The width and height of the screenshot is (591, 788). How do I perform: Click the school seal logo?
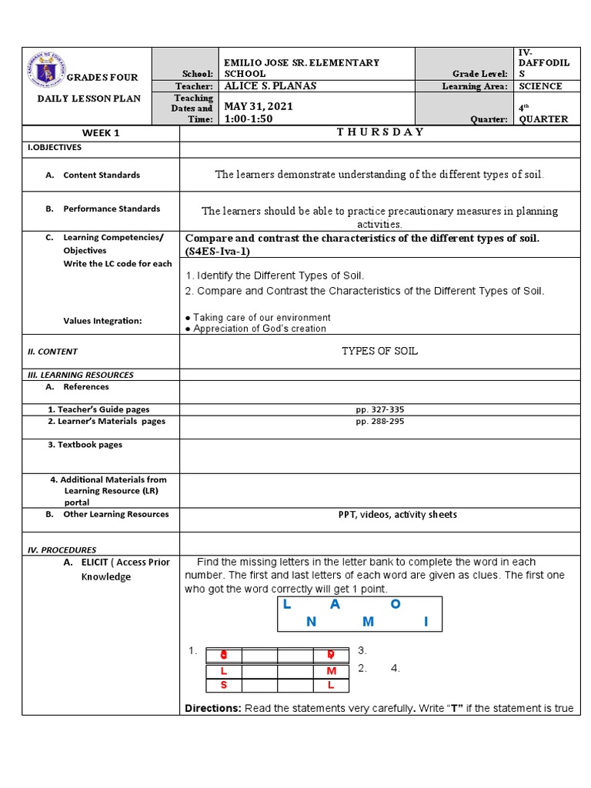pos(45,72)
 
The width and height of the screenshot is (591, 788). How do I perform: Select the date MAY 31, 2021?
pos(258,106)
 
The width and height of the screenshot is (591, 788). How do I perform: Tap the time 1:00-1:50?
pos(247,119)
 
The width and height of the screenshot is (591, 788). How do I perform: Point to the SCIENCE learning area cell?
pos(540,86)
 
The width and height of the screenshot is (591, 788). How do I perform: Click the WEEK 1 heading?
pos(101,132)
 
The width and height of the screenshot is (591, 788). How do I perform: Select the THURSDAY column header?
pos(379,132)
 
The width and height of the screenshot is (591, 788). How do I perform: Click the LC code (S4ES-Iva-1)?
pos(218,251)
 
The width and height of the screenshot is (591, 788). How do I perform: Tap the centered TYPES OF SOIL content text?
pos(379,351)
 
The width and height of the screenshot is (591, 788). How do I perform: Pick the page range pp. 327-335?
pos(379,409)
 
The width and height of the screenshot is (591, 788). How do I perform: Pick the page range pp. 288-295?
pos(379,421)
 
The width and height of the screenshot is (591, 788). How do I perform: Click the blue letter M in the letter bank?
pos(368,621)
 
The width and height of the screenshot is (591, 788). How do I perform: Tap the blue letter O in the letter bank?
pos(396,604)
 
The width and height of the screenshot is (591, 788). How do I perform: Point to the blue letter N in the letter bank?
pos(311,621)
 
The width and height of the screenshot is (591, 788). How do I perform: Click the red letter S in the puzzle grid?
pos(223,685)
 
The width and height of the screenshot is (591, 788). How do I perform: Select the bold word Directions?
pos(213,708)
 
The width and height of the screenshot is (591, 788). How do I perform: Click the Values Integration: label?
pos(102,321)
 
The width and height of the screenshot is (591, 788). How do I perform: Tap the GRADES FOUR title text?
pos(102,77)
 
